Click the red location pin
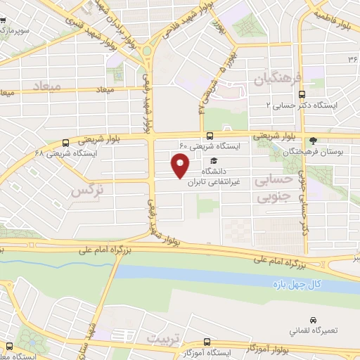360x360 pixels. point(180,166)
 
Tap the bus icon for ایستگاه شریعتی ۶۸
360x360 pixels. point(66,141)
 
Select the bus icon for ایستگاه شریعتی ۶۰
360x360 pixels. point(210,136)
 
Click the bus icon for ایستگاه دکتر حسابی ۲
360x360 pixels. point(302,94)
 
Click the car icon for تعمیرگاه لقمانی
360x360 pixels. point(311,319)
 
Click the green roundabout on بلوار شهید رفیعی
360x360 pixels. point(148,51)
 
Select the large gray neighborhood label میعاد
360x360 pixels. point(48,84)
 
